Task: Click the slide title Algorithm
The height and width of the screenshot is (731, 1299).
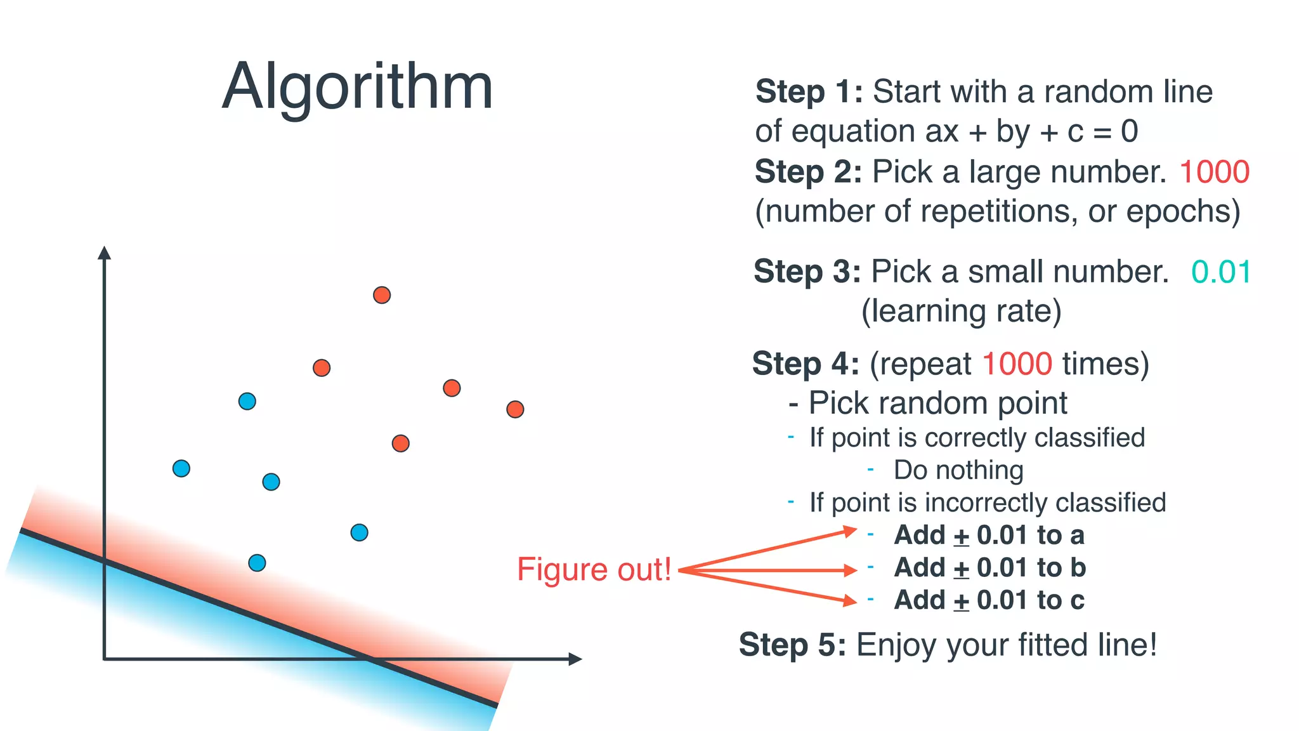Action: [x=357, y=87]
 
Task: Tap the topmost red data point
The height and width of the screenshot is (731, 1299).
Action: [x=382, y=295]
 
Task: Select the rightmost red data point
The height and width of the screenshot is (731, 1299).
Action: [x=515, y=409]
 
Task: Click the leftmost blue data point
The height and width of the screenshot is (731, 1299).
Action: [x=181, y=468]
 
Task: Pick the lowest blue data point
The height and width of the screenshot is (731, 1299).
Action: [x=257, y=563]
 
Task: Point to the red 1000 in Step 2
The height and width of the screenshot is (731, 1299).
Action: [x=1214, y=172]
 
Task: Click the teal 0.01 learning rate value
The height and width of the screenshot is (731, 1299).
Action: [x=1220, y=272]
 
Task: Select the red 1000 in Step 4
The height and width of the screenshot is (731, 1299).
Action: [x=1017, y=364]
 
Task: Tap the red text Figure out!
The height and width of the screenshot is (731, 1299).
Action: [x=594, y=569]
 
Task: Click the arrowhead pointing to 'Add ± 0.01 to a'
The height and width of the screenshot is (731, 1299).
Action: [x=850, y=530]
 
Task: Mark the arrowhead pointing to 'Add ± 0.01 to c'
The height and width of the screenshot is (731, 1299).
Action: [x=850, y=600]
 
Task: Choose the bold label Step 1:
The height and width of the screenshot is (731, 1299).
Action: [x=809, y=92]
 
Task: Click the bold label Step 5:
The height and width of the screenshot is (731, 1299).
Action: [x=792, y=645]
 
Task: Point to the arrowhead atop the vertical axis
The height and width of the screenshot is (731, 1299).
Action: [x=105, y=253]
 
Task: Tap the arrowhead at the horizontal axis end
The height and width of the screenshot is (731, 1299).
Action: [x=575, y=659]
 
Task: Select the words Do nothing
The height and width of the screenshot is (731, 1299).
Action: [x=958, y=470]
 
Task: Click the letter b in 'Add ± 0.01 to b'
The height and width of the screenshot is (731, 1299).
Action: [x=1078, y=567]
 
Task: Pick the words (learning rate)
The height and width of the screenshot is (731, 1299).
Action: [x=961, y=312]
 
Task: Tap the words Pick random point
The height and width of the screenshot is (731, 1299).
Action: [x=937, y=403]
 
